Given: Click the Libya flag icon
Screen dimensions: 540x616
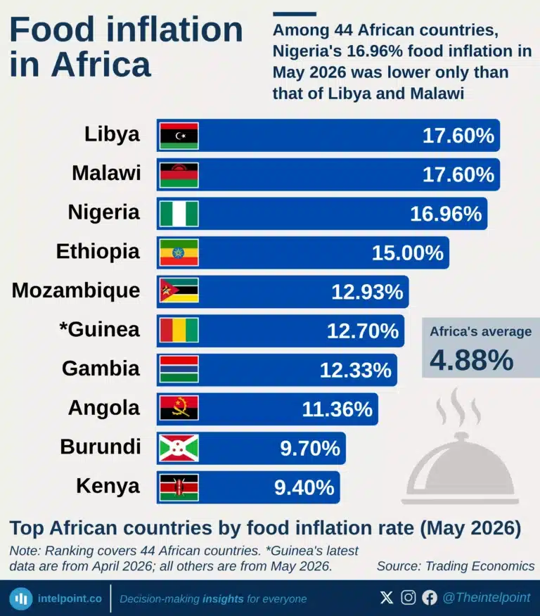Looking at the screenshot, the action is click(179, 136).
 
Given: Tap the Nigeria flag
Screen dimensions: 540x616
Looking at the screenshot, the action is click(179, 214).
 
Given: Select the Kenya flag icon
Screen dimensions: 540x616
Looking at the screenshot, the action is click(179, 487).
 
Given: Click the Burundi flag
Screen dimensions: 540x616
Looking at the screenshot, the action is click(179, 448).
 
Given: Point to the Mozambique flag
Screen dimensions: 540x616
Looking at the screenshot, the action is click(179, 290).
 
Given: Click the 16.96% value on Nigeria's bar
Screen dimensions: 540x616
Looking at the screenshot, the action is click(446, 214).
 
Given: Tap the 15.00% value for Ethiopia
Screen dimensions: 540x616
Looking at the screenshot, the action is click(408, 253).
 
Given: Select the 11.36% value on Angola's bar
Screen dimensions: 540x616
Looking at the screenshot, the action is click(337, 409).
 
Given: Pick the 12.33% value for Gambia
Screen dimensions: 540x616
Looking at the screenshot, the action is click(356, 370).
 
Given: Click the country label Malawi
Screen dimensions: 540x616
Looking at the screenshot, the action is click(106, 173).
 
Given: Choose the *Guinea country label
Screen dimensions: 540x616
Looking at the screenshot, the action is click(99, 329).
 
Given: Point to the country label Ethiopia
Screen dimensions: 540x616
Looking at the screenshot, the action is click(98, 252).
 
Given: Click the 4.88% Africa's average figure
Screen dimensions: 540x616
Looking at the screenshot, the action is click(471, 360).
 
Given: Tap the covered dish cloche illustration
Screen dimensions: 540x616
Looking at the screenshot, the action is click(460, 447).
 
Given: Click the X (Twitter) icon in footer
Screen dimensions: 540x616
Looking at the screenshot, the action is click(387, 598).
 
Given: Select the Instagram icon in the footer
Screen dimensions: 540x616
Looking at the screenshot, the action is click(409, 598).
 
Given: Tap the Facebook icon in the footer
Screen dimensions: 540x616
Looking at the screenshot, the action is click(430, 598).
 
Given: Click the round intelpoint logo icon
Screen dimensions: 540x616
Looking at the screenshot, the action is click(21, 598).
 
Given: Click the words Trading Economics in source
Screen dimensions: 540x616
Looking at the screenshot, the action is click(480, 566).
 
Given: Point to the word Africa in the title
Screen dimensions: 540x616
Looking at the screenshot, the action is click(101, 65).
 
